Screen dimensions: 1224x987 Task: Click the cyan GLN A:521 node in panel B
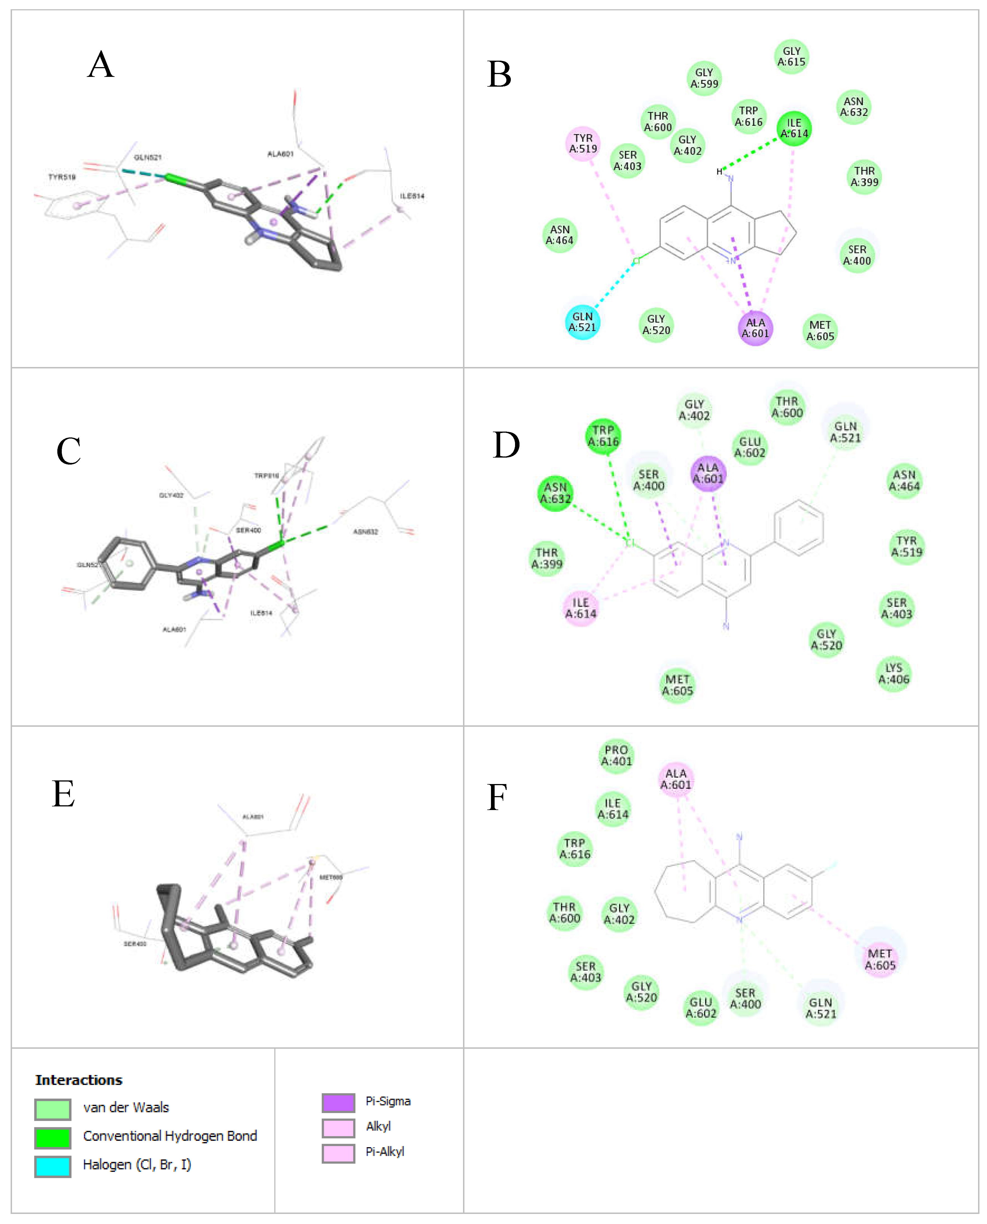coord(583,322)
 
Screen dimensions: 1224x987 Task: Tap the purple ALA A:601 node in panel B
coord(755,328)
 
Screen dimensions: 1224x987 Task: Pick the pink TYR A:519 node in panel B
coord(583,144)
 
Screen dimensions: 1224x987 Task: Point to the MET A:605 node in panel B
coord(820,331)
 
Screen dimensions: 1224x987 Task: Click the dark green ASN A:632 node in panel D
coord(556,493)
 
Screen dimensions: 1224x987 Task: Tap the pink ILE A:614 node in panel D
coord(580,608)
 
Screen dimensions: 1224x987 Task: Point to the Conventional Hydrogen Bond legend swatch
coord(53,1138)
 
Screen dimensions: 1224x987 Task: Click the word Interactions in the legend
coord(79,1080)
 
